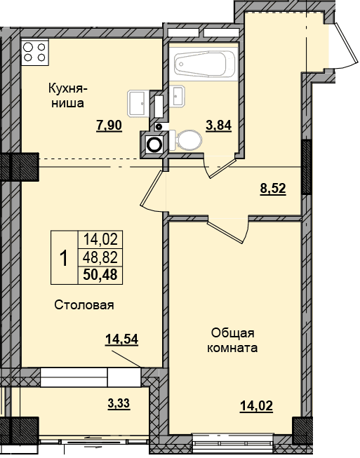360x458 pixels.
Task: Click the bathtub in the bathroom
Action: click(204, 64)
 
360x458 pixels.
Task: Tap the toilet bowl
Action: click(186, 140)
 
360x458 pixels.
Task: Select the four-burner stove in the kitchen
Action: click(35, 52)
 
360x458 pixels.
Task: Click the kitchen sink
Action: click(137, 103)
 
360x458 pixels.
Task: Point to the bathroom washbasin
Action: click(178, 95)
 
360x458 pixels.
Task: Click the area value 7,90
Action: click(109, 126)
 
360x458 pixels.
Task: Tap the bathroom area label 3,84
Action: click(218, 126)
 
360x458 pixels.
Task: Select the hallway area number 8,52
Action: click(273, 189)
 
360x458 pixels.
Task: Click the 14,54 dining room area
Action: click(121, 339)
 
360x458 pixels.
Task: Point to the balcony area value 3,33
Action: click(119, 404)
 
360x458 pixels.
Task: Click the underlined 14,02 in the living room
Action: click(256, 406)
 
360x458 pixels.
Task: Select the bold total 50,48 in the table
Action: click(100, 274)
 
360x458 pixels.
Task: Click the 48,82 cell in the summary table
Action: click(100, 257)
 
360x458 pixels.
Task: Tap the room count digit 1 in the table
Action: click(64, 258)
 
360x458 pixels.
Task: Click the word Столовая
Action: click(84, 306)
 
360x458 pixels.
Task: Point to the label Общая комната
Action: click(232, 341)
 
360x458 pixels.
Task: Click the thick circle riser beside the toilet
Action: click(154, 144)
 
